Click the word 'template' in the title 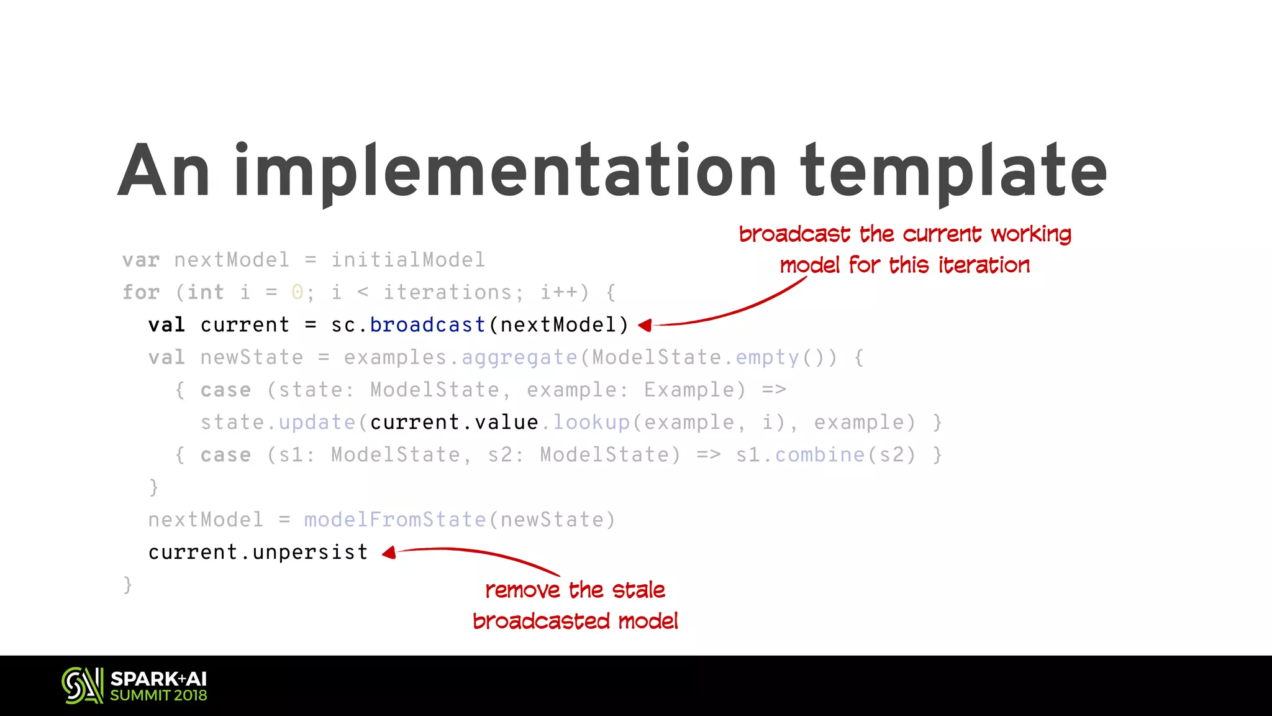tap(953, 171)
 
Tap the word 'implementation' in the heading tap(505, 171)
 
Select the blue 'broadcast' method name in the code tap(427, 325)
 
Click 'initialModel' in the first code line tap(408, 260)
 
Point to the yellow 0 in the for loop tap(298, 292)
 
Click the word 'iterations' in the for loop tap(447, 292)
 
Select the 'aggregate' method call tap(519, 357)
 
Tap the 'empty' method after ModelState tap(768, 357)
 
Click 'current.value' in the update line tap(454, 423)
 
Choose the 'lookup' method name tap(591, 423)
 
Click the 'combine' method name tap(820, 455)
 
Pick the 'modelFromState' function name tap(395, 520)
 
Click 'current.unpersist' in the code tap(258, 552)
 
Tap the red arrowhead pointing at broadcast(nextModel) tap(645, 325)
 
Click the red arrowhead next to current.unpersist tap(389, 552)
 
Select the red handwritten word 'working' tap(1031, 234)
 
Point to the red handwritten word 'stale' tap(638, 590)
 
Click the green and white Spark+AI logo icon tap(83, 686)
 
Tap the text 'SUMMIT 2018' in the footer tap(159, 695)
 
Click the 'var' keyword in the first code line tap(141, 260)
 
